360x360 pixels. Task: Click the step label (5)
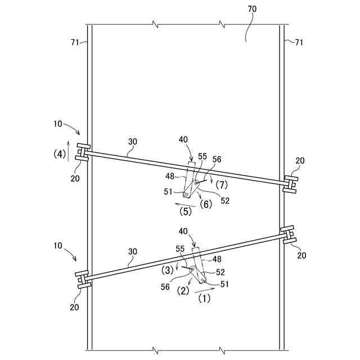(186, 211)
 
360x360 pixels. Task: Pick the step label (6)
(206, 204)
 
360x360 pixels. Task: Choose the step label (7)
(222, 184)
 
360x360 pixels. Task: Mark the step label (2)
(182, 291)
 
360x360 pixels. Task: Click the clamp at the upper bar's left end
(83, 152)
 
